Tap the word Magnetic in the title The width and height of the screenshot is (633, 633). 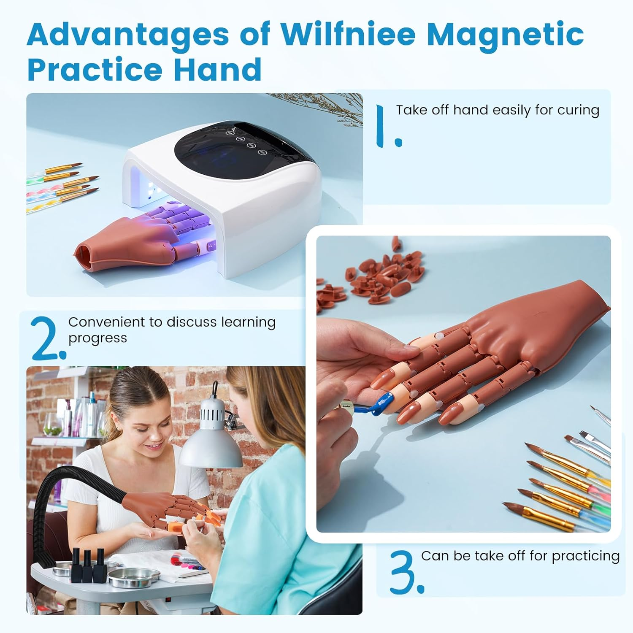pos(505,35)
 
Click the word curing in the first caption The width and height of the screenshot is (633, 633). pos(578,110)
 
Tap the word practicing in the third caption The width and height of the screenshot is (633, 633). pos(585,556)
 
